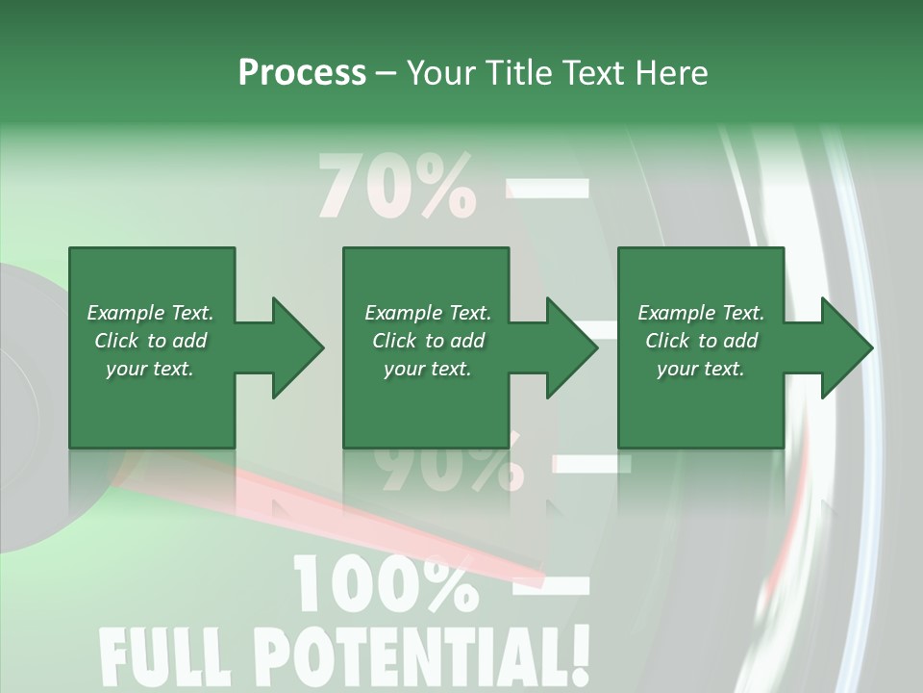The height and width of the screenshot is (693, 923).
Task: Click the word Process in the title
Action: pos(302,73)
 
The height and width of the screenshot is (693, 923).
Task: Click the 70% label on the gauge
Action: pos(396,187)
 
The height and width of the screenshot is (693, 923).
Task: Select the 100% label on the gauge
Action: pos(385,583)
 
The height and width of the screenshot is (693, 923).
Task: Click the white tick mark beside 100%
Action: pos(552,581)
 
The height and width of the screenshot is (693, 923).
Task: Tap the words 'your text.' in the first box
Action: pos(150,369)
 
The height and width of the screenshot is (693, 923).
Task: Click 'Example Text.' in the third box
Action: pos(701,313)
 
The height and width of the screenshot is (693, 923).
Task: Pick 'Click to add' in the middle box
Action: pos(429,341)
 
